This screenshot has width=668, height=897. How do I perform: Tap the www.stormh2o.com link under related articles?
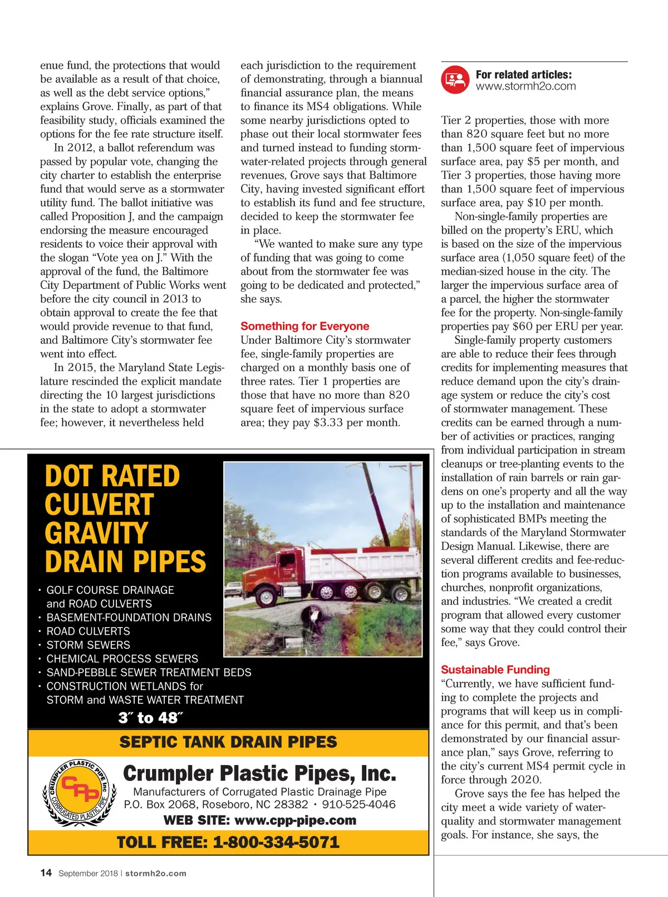click(x=525, y=86)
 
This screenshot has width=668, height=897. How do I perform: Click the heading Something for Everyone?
click(x=304, y=326)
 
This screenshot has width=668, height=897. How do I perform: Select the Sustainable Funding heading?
click(x=495, y=669)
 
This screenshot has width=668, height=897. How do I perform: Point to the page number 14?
click(x=46, y=873)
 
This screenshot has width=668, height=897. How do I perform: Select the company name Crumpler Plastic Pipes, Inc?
click(x=259, y=773)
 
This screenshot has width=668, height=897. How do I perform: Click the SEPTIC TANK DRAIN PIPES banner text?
click(x=228, y=742)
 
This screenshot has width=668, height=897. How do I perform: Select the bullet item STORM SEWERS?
click(x=88, y=645)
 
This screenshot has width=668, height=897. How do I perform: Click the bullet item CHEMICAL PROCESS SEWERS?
click(x=122, y=659)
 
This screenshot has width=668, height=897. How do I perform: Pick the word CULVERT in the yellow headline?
click(x=99, y=505)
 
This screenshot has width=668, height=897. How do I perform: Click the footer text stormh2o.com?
click(x=155, y=873)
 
